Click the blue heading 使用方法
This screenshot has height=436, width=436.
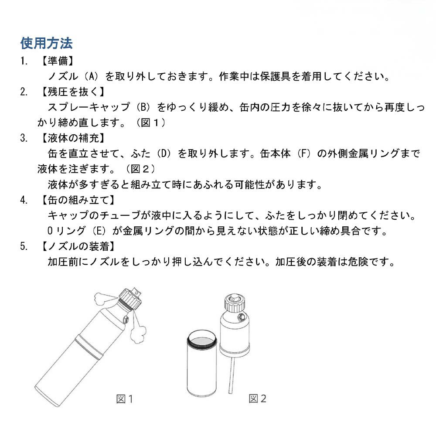pyautogui.click(x=47, y=44)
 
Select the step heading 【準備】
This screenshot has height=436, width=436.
pyautogui.click(x=58, y=61)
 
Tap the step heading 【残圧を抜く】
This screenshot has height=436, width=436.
pyautogui.click(x=72, y=92)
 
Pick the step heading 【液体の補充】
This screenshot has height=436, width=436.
pyautogui.click(x=72, y=139)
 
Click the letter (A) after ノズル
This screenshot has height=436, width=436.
pyautogui.click(x=92, y=77)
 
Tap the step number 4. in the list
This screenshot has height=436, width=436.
pyautogui.click(x=24, y=201)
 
